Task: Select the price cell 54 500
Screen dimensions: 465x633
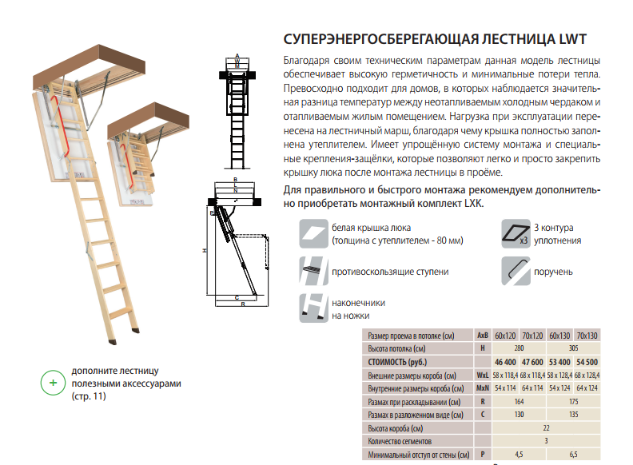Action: click(x=587, y=362)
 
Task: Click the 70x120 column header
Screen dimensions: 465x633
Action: click(x=532, y=335)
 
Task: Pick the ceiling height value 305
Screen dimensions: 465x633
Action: click(x=574, y=348)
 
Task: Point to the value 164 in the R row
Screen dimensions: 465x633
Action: click(x=519, y=402)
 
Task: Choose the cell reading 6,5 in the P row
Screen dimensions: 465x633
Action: click(x=574, y=455)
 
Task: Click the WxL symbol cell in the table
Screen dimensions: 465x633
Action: click(x=483, y=376)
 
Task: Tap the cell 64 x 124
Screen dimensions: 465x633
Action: click(x=587, y=388)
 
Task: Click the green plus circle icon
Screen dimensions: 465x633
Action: click(x=54, y=383)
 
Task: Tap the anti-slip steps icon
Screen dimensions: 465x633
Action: click(x=313, y=272)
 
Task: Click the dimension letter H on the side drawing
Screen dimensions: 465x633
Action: click(x=205, y=251)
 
